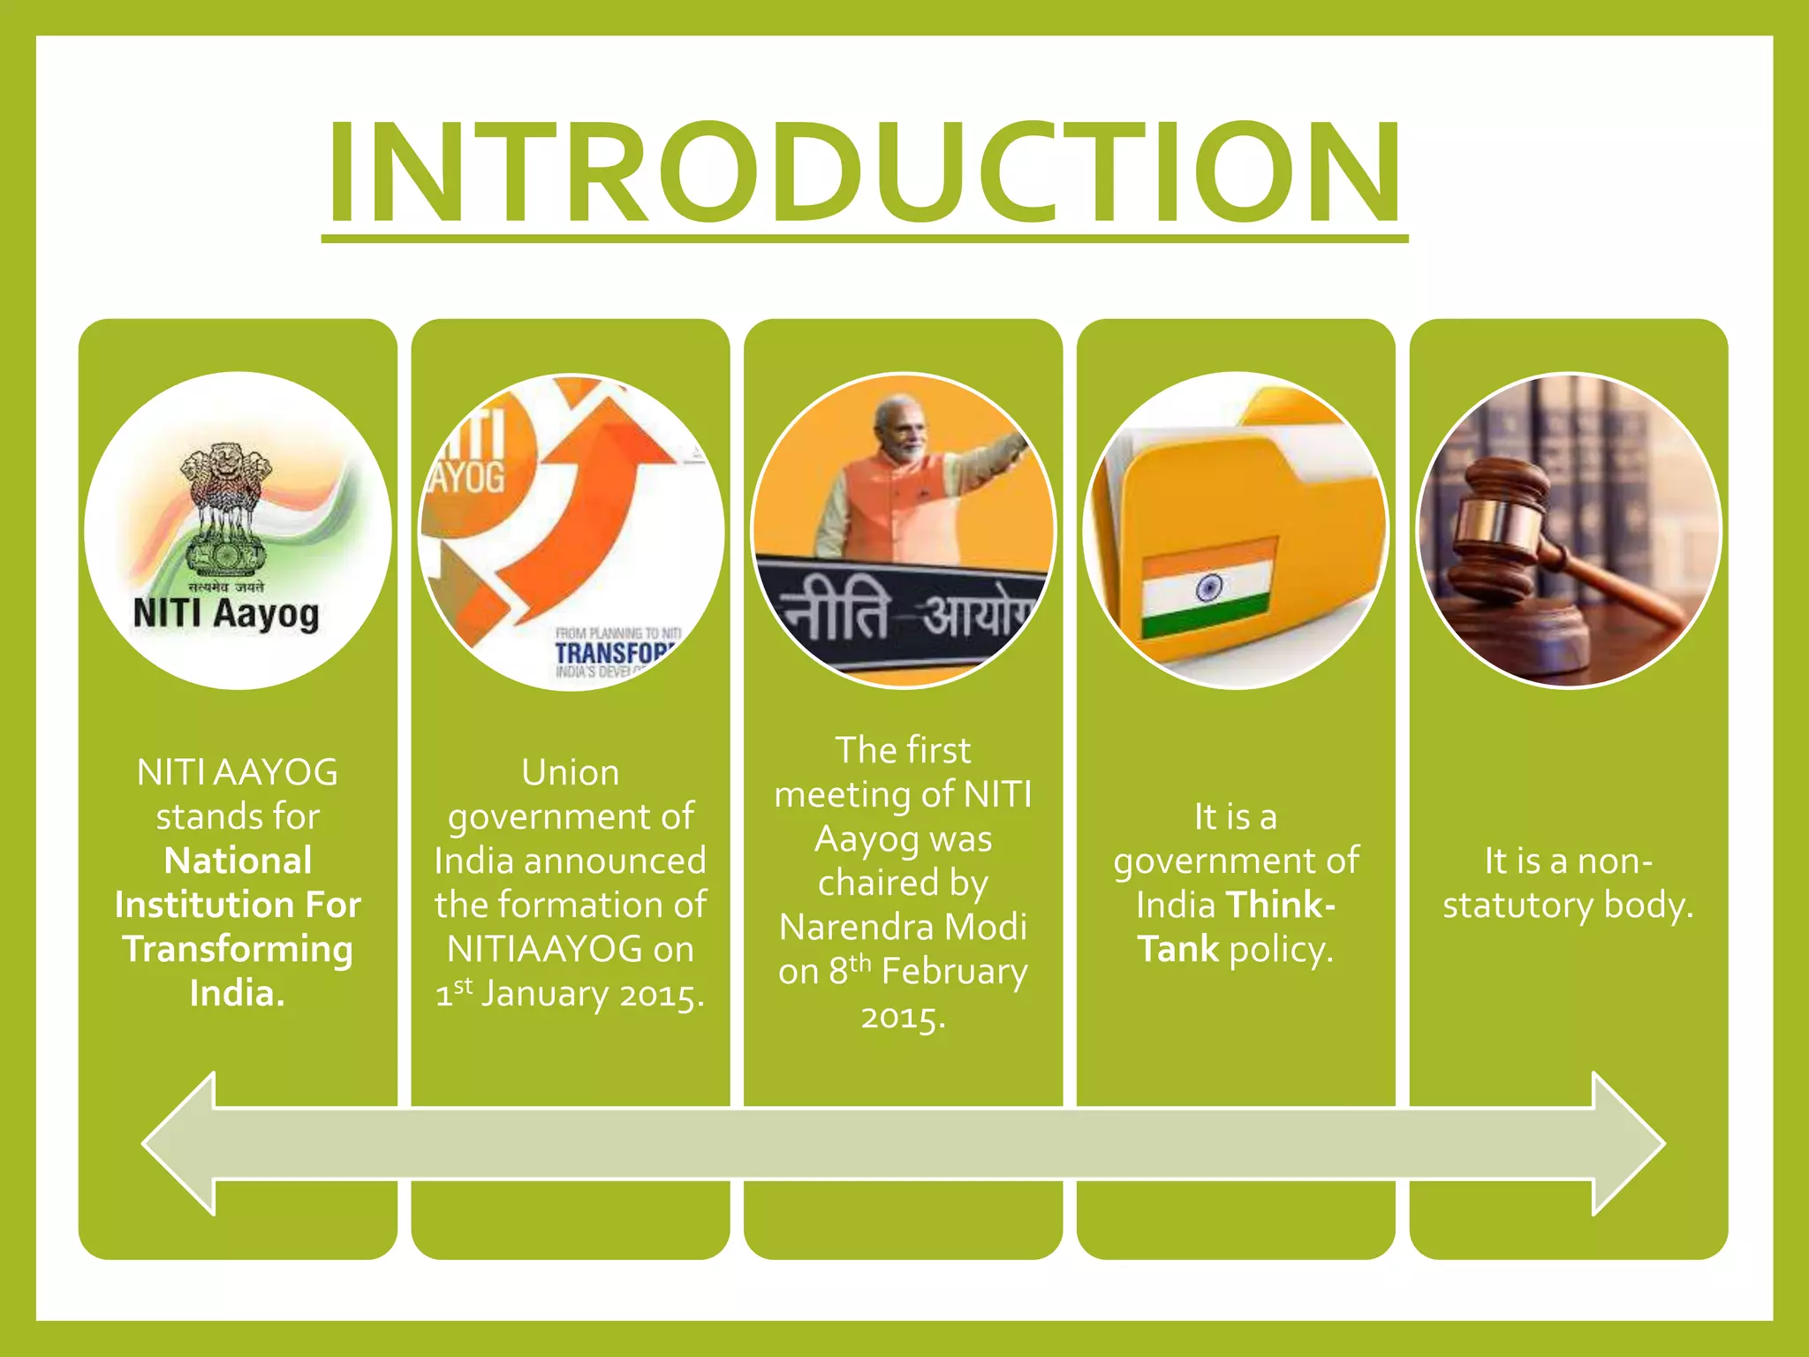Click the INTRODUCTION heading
(864, 171)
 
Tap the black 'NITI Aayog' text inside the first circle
(226, 614)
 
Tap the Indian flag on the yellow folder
(1207, 588)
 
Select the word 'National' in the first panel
(238, 860)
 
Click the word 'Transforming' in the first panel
(238, 949)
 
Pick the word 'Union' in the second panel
(570, 773)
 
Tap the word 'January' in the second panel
(544, 995)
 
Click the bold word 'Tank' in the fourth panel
(1177, 950)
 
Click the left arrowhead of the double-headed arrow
(181, 1143)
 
